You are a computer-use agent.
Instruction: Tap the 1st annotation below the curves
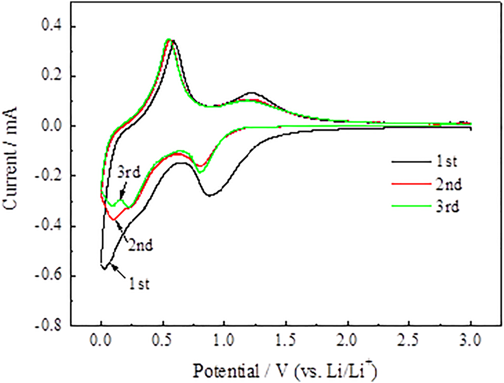click(x=138, y=284)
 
